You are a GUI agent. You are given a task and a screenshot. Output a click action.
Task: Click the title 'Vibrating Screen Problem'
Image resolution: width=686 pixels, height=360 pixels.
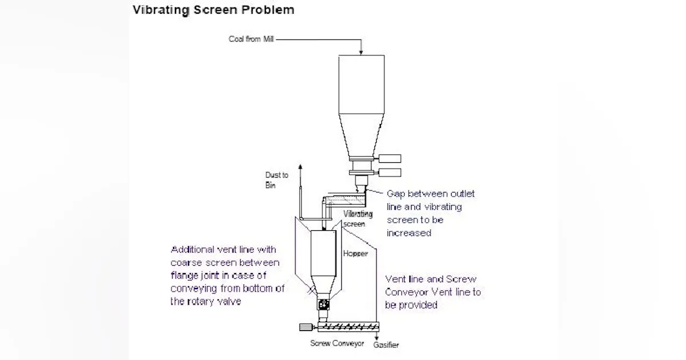tap(213, 10)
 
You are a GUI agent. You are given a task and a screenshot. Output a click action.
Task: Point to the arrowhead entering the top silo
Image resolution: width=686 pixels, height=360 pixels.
tap(361, 53)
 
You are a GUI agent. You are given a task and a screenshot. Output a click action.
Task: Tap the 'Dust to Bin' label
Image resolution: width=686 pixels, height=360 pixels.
tap(276, 180)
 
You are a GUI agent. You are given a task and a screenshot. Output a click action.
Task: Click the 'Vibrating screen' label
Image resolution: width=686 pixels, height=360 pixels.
tap(358, 218)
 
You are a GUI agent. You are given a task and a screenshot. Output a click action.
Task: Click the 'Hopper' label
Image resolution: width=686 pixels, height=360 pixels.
tap(356, 253)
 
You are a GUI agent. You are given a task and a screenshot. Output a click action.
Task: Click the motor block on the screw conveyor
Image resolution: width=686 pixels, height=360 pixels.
tap(305, 327)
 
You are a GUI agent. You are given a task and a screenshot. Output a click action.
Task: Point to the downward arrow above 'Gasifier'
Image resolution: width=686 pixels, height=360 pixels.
tap(377, 338)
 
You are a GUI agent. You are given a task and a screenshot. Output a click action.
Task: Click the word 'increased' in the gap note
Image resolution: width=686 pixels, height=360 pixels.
tap(408, 233)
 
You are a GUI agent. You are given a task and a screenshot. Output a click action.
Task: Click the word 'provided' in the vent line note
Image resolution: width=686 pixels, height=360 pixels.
tap(419, 305)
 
